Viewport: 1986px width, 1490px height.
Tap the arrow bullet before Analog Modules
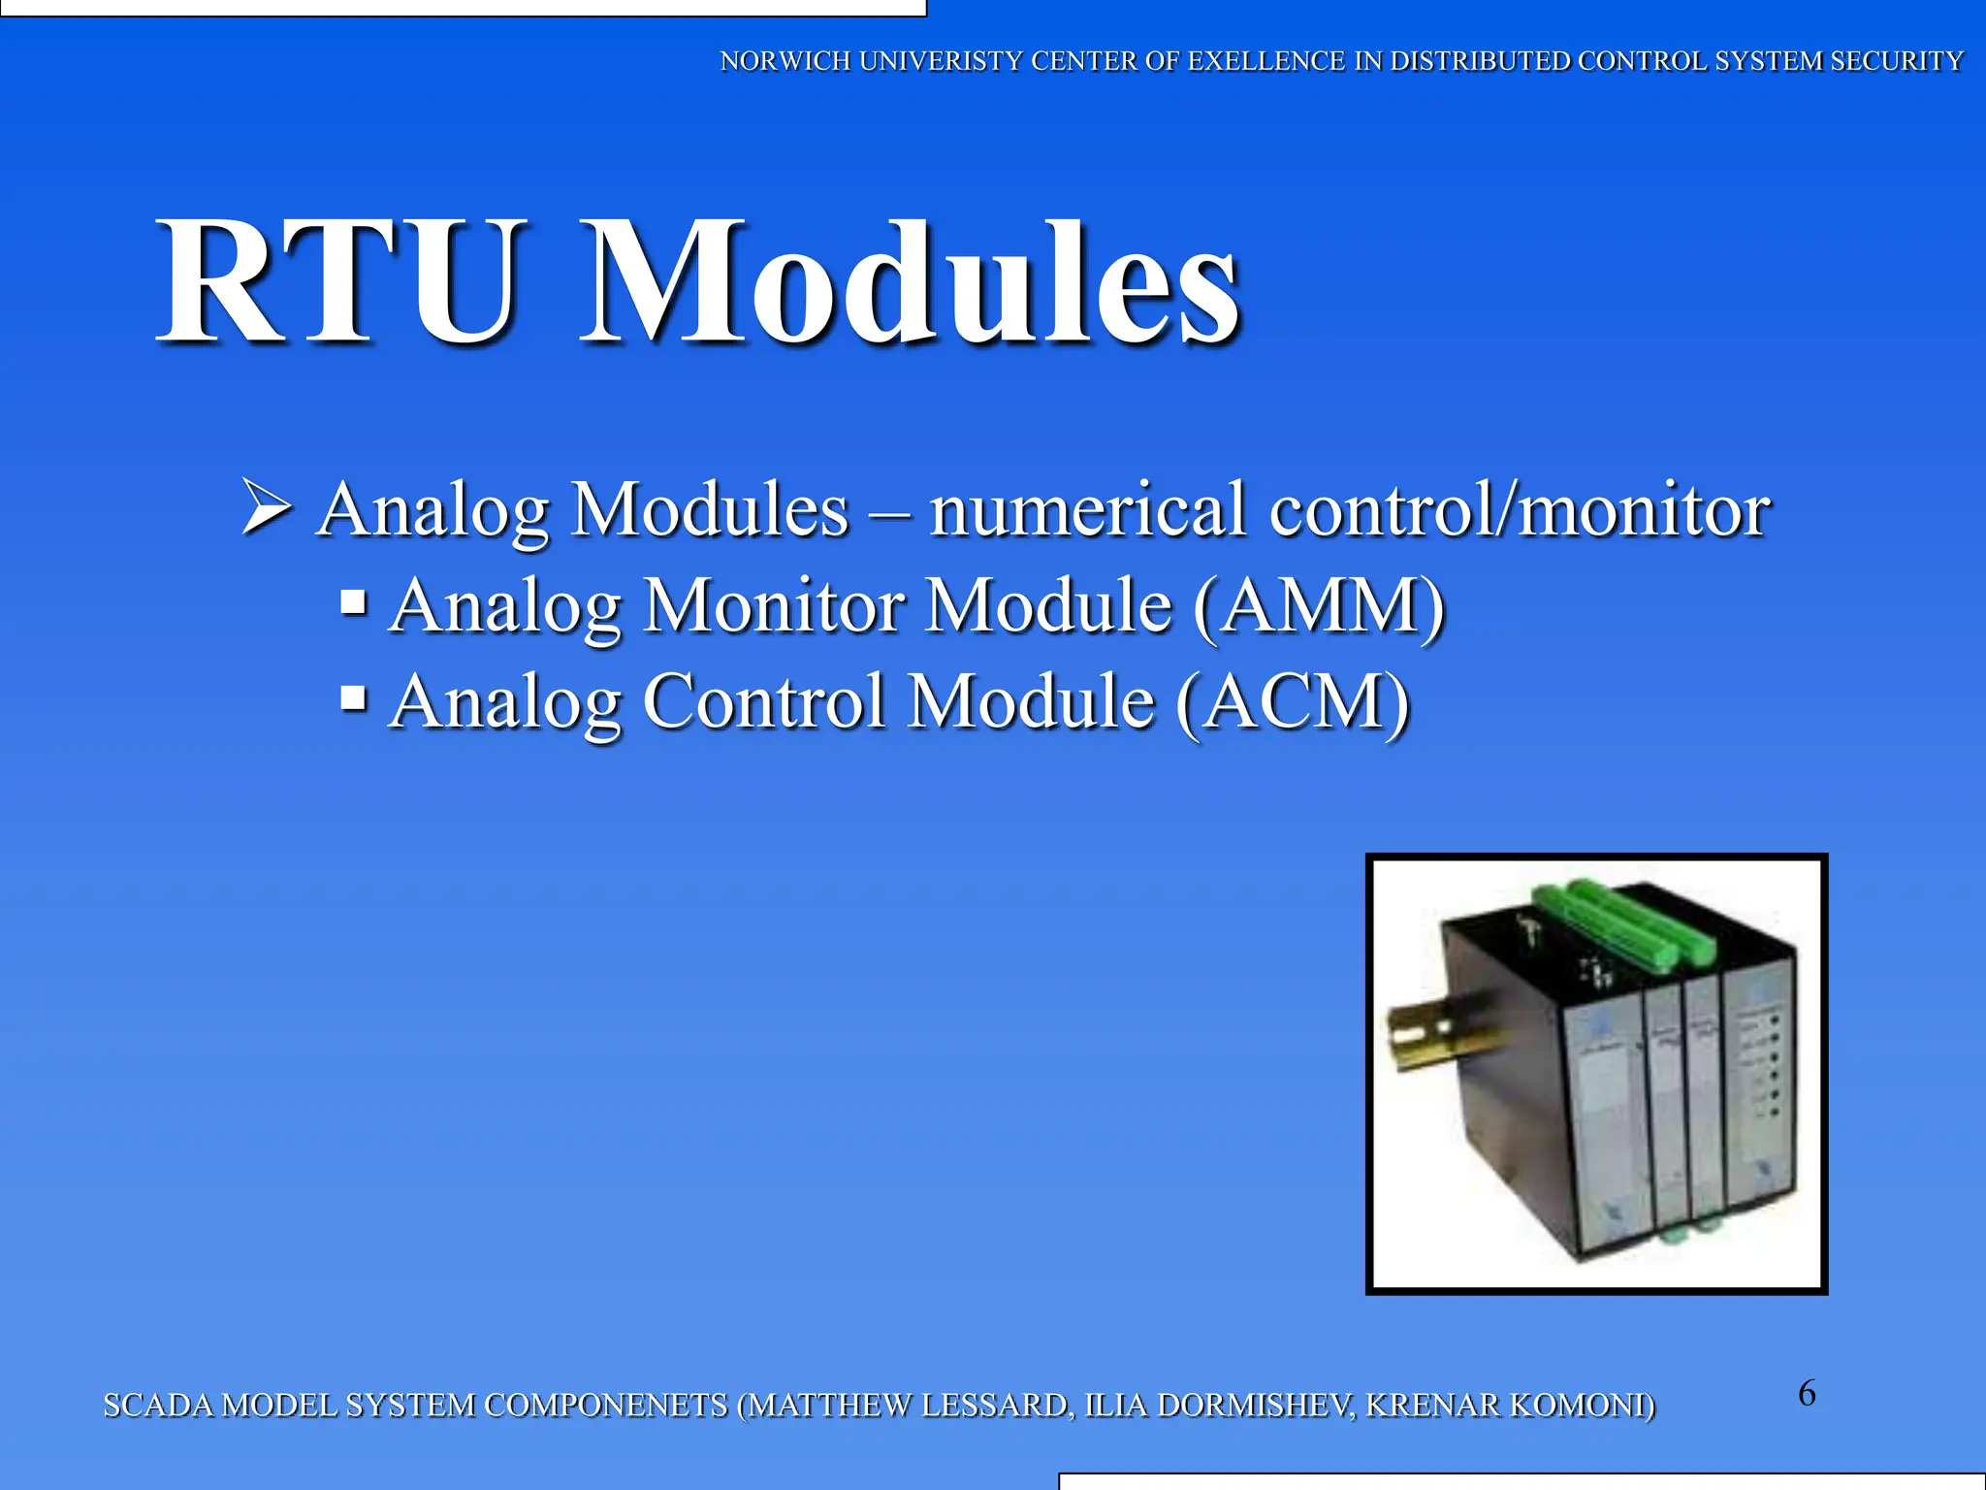pyautogui.click(x=266, y=506)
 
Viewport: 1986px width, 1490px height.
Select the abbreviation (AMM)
pyautogui.click(x=1319, y=605)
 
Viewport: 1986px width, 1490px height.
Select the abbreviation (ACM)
pyautogui.click(x=1293, y=700)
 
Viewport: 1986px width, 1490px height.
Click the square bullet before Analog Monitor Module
pyautogui.click(x=354, y=603)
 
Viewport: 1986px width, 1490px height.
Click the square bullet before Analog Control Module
pyautogui.click(x=354, y=697)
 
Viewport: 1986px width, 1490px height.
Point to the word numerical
pyautogui.click(x=1086, y=508)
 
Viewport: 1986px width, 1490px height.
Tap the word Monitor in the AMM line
pyautogui.click(x=773, y=605)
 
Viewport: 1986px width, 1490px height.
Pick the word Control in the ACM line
pyautogui.click(x=763, y=700)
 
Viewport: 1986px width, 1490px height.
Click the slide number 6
pyautogui.click(x=1807, y=1393)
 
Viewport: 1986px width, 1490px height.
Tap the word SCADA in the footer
pyautogui.click(x=157, y=1405)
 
